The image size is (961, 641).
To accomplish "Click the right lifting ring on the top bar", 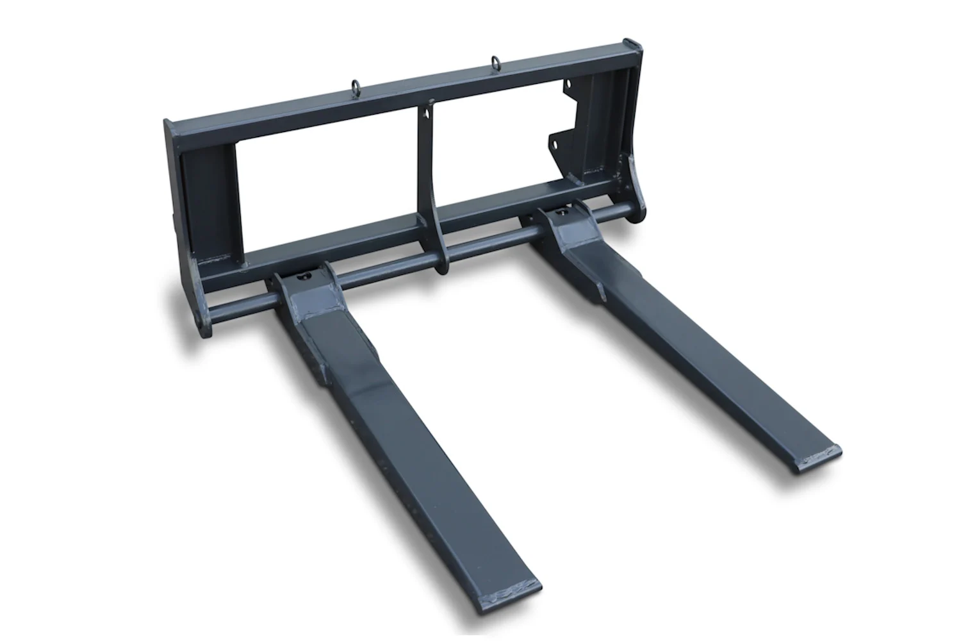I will [496, 63].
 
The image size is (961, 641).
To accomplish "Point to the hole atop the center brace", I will [431, 103].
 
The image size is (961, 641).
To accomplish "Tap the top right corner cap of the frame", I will [632, 46].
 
